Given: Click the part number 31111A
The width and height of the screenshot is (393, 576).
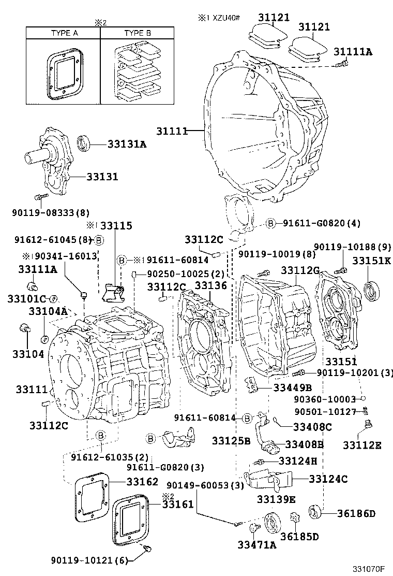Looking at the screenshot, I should point(353,51).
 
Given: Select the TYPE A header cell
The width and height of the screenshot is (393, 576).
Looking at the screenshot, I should point(64,33).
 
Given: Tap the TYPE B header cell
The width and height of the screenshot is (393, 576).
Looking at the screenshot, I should point(137,33).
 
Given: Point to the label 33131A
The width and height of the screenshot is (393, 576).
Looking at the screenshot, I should point(127,145).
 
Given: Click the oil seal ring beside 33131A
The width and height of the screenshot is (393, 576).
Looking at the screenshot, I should point(85,143).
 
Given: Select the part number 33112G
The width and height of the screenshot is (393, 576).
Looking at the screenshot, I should point(300,269).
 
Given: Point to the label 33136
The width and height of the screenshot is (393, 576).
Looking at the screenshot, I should point(210,286).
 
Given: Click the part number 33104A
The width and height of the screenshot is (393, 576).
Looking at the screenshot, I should point(48,311).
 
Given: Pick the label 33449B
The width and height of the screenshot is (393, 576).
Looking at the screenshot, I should point(293,387).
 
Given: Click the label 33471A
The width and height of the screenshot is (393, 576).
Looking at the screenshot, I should point(257,544).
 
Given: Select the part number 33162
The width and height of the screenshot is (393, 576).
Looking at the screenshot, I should point(142,481).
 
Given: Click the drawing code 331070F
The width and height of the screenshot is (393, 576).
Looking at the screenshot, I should point(369,569).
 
